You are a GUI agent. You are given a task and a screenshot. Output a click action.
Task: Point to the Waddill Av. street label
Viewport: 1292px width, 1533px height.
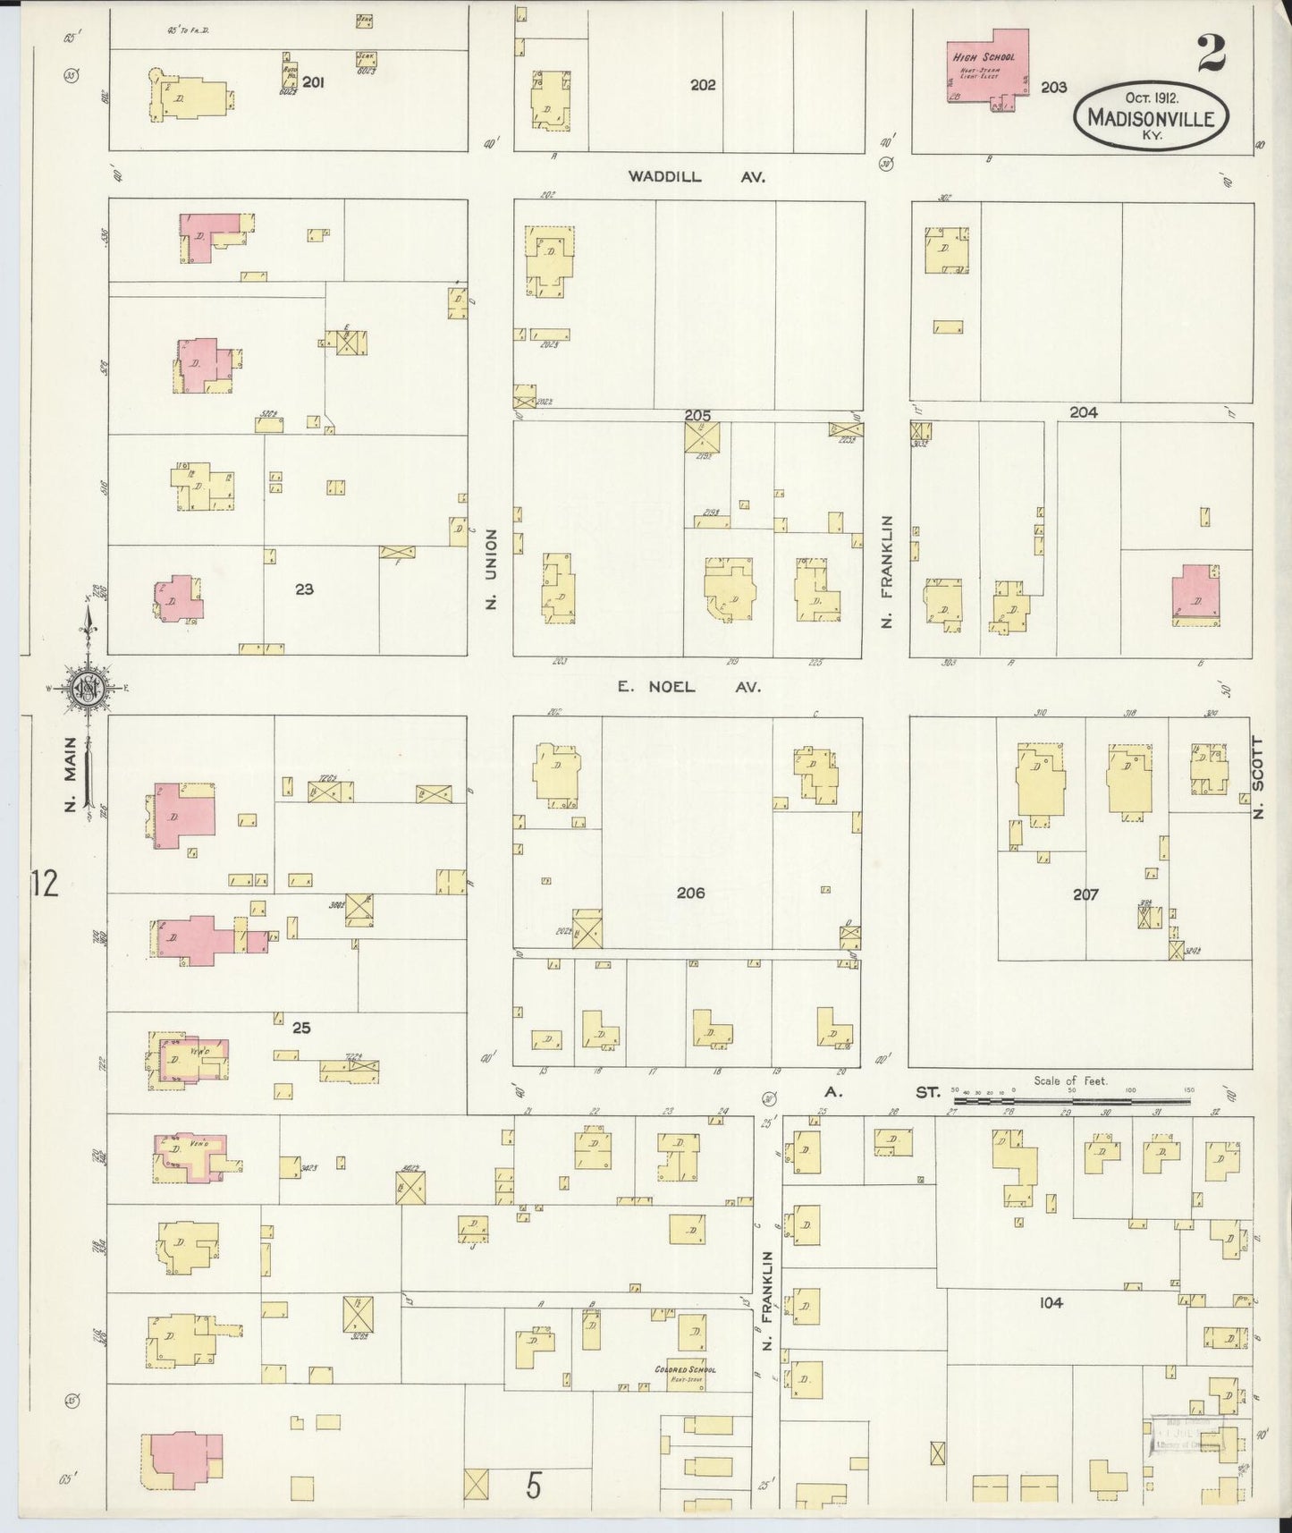pos(697,177)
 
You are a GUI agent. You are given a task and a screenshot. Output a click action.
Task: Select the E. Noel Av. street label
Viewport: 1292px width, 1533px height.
pos(689,687)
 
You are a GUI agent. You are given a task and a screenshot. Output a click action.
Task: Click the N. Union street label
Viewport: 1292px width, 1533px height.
pos(491,570)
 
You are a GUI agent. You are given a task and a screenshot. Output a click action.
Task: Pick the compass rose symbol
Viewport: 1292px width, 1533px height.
pos(89,687)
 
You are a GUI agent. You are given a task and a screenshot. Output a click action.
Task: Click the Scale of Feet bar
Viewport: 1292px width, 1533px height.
pos(1073,1090)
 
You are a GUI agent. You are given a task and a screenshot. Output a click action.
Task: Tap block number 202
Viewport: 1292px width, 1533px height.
pos(703,85)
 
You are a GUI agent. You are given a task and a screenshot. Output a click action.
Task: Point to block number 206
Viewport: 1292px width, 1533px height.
pos(690,893)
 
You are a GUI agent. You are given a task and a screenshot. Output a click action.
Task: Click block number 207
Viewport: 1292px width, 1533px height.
pos(1085,894)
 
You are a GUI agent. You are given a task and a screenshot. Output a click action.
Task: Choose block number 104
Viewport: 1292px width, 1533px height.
pos(1051,1303)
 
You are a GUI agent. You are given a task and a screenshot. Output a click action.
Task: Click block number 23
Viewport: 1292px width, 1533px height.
pos(304,589)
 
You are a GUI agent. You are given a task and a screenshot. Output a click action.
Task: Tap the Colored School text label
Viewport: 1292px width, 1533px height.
pos(685,1369)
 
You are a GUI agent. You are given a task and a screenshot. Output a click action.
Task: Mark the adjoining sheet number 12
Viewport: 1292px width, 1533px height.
pos(43,884)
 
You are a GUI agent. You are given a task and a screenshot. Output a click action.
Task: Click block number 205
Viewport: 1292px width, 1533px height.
pos(697,415)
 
